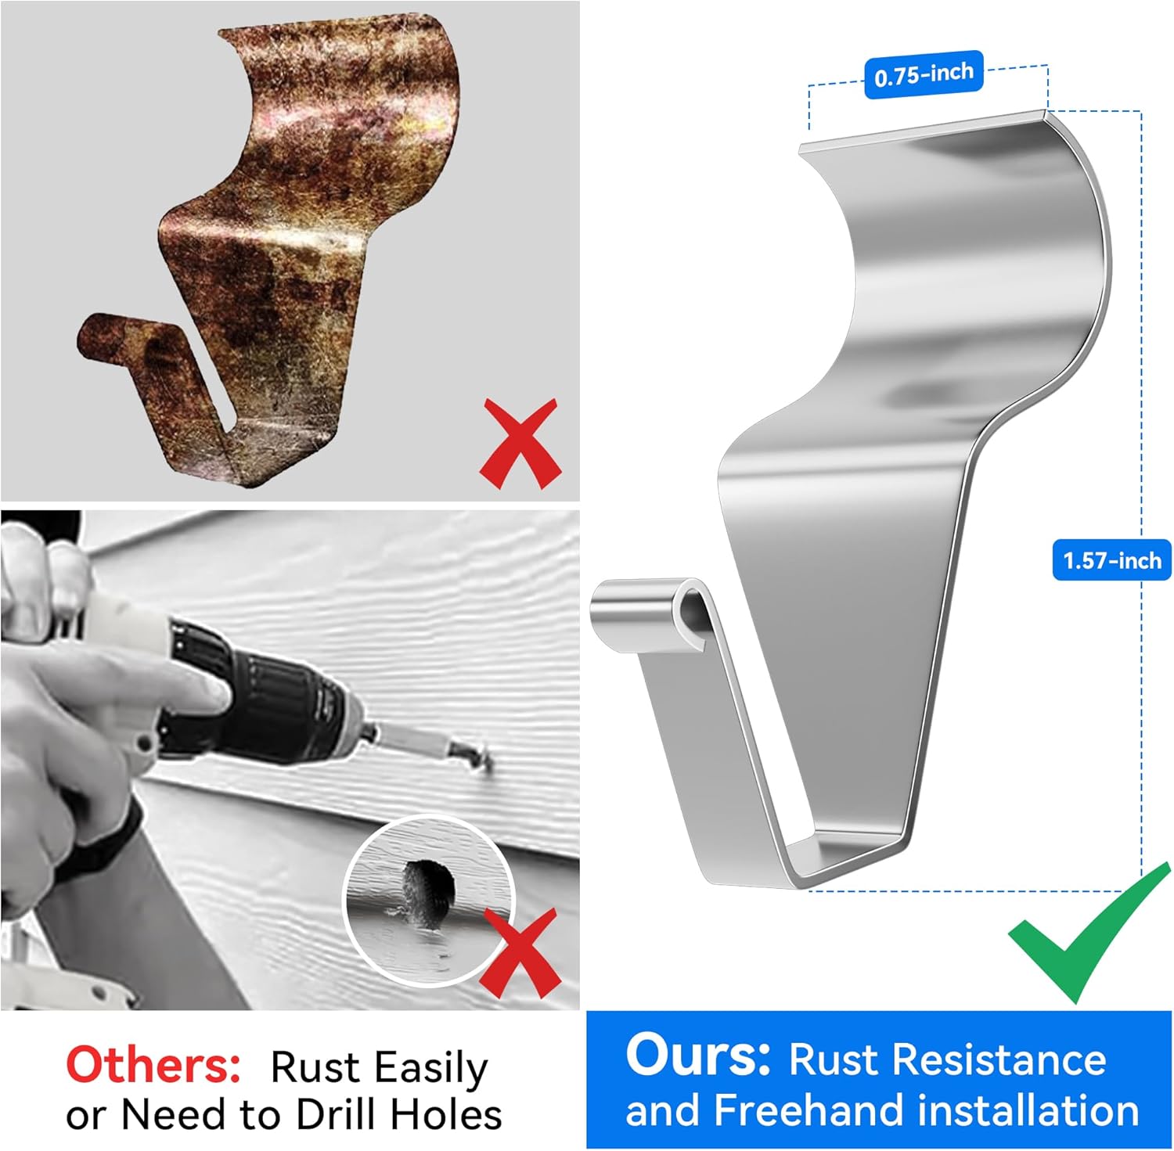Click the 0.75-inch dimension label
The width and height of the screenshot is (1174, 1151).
pos(924,74)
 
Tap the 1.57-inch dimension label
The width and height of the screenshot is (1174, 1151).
pos(1111,560)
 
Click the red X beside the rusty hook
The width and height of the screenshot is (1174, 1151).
pos(520,443)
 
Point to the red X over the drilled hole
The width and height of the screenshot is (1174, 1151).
pos(520,952)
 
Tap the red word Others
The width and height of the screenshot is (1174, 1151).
pos(153,1065)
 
